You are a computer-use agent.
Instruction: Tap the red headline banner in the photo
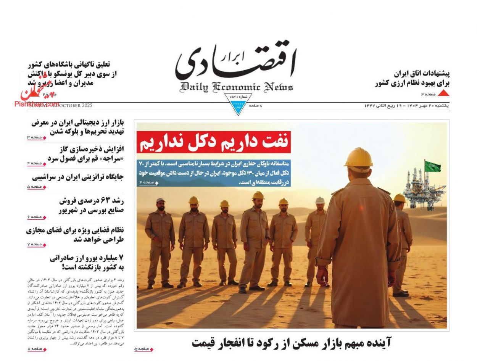pyautogui.click(x=214, y=142)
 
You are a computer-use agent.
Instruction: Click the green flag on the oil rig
pyautogui.click(x=433, y=166)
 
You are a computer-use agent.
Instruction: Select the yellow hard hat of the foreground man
pyautogui.click(x=358, y=158)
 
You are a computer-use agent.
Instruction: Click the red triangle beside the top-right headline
pyautogui.click(x=443, y=93)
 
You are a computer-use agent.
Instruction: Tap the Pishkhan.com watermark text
pyautogui.click(x=37, y=104)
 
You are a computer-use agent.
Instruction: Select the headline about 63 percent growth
pyautogui.click(x=92, y=205)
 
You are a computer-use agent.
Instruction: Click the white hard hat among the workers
pyautogui.click(x=320, y=200)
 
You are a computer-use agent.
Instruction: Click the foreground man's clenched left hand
pyautogui.click(x=323, y=276)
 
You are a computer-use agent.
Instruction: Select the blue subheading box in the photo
pyautogui.click(x=214, y=172)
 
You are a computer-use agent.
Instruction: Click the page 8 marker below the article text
pyautogui.click(x=37, y=349)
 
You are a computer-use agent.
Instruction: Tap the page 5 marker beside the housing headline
pyautogui.click(x=143, y=349)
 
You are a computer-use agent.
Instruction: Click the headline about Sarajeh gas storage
pyautogui.click(x=85, y=153)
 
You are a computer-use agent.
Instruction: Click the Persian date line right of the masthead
pyautogui.click(x=406, y=106)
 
